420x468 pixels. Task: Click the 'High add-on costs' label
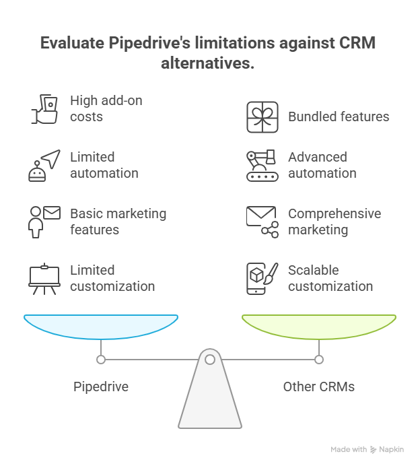[106, 108]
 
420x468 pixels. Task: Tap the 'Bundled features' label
[339, 116]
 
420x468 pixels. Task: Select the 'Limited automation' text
[104, 165]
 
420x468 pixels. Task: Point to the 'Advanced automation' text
[322, 165]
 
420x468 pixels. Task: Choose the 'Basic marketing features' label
[118, 222]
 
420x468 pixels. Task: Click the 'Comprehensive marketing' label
[335, 222]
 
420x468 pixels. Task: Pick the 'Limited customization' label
[112, 278]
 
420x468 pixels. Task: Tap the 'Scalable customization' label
[330, 278]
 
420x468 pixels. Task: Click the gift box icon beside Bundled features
[262, 116]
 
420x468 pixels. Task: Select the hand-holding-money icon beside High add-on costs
[45, 108]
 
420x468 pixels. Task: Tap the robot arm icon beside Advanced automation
[262, 165]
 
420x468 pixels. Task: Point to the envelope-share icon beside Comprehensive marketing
[262, 222]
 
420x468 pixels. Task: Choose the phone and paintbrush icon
[262, 278]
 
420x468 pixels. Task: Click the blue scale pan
[101, 325]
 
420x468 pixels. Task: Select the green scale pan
[319, 325]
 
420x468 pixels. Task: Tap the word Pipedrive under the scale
[101, 387]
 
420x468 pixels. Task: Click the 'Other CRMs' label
[319, 387]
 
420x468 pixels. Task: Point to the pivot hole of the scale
[210, 360]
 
